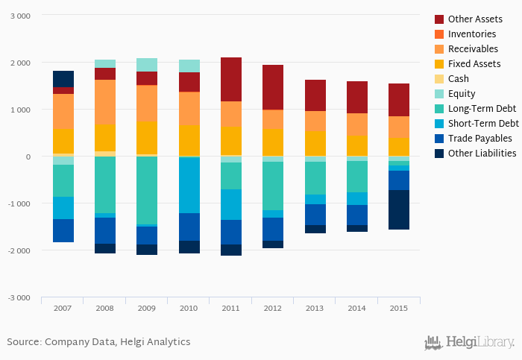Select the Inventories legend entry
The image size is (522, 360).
pos(472,34)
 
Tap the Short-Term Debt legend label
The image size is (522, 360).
pos(483,123)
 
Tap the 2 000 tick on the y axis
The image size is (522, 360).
pos(20,63)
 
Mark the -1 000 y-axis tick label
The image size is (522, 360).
pos(19,203)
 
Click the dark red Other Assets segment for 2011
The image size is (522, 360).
pos(231,79)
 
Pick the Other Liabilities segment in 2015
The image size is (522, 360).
pos(398,209)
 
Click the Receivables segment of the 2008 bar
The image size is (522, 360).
pos(105,102)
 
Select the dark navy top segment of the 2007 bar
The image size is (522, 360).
pos(63,79)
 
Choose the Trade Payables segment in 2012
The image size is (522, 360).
pos(273,229)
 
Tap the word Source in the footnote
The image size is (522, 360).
pos(23,341)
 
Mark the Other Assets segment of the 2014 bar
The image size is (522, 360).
pos(356,97)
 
